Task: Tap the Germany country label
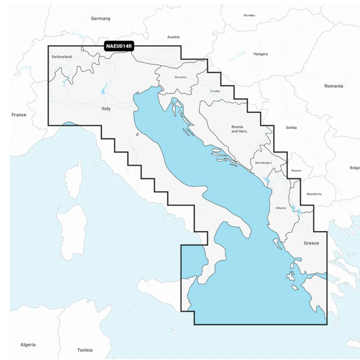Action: [x=101, y=19]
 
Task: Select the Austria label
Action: [x=173, y=37]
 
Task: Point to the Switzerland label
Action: [x=62, y=57]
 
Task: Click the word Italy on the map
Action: [x=106, y=108]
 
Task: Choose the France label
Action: [x=19, y=115]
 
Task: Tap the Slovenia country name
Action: [x=180, y=77]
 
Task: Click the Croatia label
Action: [x=215, y=91]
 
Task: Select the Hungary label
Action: [x=261, y=54]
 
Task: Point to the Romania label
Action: [x=333, y=86]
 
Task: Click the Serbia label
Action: [x=291, y=127]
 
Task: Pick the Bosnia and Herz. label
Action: [x=238, y=129]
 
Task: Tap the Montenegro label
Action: [x=263, y=162]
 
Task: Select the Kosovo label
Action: [x=296, y=170]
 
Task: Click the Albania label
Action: [x=281, y=208]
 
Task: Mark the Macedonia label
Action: [x=314, y=194]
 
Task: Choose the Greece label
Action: [x=311, y=243]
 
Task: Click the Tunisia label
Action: [x=85, y=350]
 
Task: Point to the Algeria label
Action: [x=28, y=345]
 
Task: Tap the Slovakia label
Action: [x=249, y=15]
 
